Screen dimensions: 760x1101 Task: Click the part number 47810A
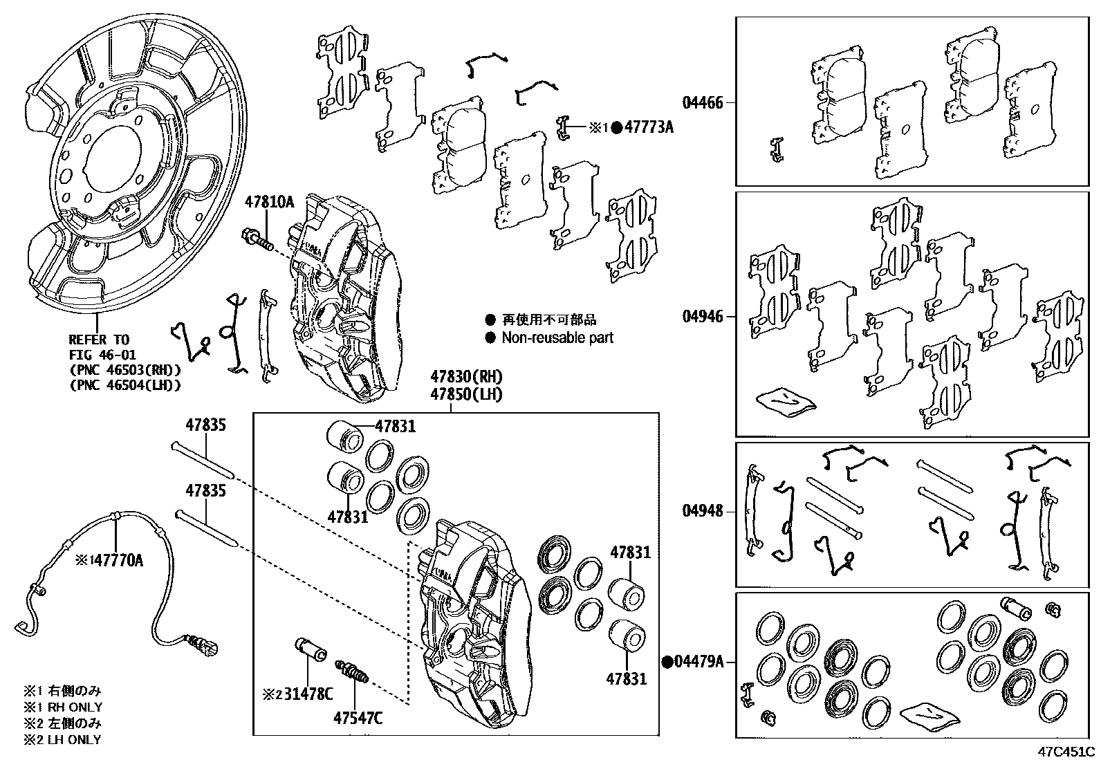[x=269, y=203]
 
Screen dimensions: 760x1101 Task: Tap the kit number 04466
[x=703, y=103]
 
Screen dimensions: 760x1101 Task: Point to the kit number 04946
[x=703, y=317]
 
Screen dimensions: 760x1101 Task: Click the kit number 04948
[x=703, y=512]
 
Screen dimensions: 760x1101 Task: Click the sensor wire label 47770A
[x=118, y=560]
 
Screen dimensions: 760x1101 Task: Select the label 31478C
[x=306, y=694]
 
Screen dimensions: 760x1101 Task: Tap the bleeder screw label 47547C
[x=358, y=719]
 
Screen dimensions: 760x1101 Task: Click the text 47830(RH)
[x=466, y=378]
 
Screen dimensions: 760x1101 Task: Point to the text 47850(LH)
[x=466, y=395]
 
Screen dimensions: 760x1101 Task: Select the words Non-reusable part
[x=557, y=338]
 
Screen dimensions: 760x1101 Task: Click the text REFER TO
[x=98, y=340]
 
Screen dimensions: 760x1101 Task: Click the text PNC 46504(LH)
[x=125, y=385]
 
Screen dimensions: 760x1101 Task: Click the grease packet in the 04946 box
[x=786, y=400]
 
